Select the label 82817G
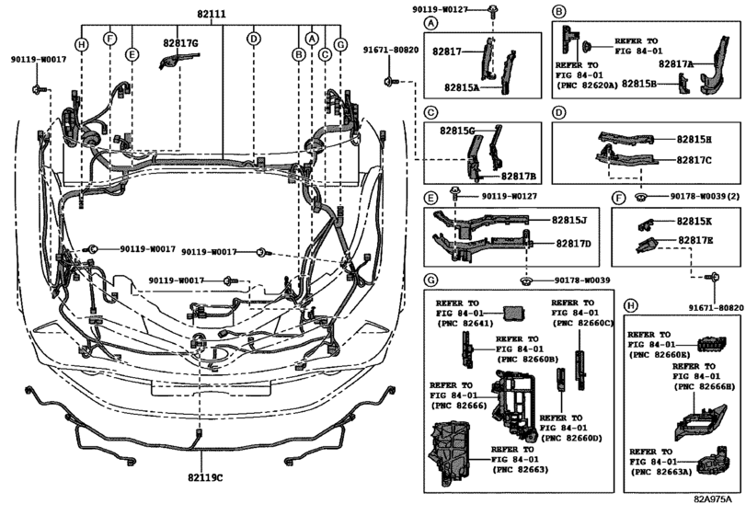coord(181,42)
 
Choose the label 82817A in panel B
coord(676,64)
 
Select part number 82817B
coord(519,176)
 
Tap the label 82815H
coord(696,140)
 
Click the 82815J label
coord(571,221)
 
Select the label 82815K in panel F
coord(695,222)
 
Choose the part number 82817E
coord(696,240)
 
